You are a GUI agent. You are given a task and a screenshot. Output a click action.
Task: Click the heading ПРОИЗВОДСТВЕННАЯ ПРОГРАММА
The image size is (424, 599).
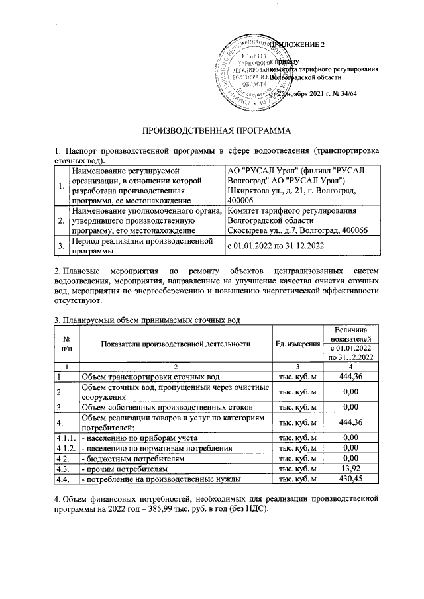pyautogui.click(x=211, y=129)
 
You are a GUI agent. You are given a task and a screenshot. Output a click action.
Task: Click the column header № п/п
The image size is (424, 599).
pyautogui.click(x=66, y=343)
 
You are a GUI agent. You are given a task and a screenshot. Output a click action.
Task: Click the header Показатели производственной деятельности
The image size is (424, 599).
pyautogui.click(x=175, y=343)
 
